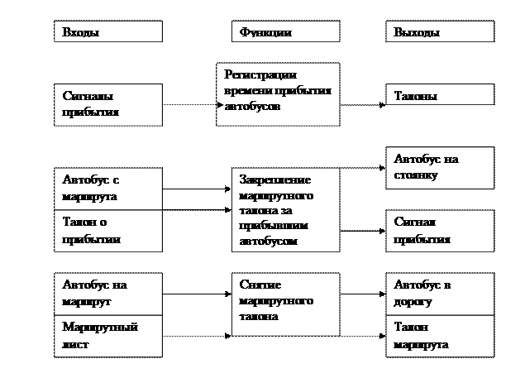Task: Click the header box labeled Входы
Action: pyautogui.click(x=108, y=32)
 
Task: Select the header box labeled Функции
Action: pyautogui.click(x=285, y=32)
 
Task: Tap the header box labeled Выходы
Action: pyautogui.click(x=440, y=32)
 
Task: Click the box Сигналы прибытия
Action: pyautogui.click(x=108, y=104)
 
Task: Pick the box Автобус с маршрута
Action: pyautogui.click(x=108, y=189)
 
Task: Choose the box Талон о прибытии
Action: pyautogui.click(x=108, y=231)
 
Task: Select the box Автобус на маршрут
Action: pyautogui.click(x=108, y=293)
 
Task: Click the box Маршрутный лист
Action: pyautogui.click(x=108, y=335)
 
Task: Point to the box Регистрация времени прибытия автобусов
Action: pyautogui.click(x=278, y=94)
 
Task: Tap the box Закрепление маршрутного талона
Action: pyautogui.click(x=285, y=210)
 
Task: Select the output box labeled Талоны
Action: pyautogui.click(x=440, y=96)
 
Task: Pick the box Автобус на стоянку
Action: pyautogui.click(x=440, y=167)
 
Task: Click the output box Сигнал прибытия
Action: pyautogui.click(x=440, y=231)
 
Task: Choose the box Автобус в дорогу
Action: pyautogui.click(x=440, y=293)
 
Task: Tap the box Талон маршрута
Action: pyautogui.click(x=440, y=335)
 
